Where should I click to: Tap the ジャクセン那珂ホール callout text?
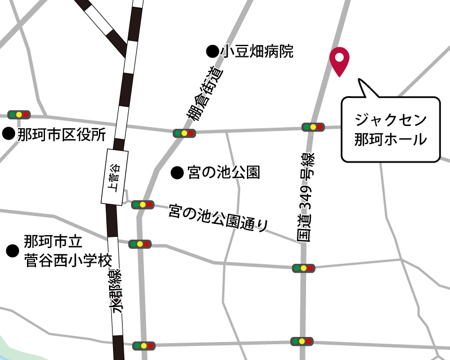click(x=390, y=130)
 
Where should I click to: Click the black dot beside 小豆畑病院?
click(x=212, y=52)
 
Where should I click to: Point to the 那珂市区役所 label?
click(x=61, y=134)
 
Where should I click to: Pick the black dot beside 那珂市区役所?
click(x=8, y=134)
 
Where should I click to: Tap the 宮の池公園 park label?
click(x=223, y=173)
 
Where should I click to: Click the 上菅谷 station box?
click(x=112, y=177)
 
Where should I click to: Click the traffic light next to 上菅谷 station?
click(x=142, y=205)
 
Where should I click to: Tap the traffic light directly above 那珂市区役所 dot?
click(x=19, y=115)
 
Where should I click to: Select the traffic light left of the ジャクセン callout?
click(x=313, y=127)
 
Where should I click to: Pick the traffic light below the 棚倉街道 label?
click(x=184, y=134)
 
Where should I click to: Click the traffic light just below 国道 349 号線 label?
click(x=303, y=268)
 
